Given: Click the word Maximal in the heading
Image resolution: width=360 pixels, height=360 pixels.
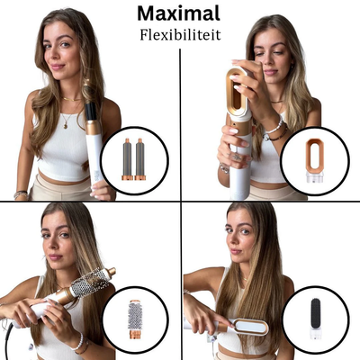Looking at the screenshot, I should click(178, 13).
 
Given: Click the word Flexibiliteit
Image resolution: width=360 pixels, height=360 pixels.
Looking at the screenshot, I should click(178, 37).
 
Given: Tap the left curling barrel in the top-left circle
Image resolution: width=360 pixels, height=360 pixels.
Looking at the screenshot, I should click(128, 158).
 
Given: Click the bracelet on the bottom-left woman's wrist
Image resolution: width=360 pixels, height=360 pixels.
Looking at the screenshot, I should click(79, 342).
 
